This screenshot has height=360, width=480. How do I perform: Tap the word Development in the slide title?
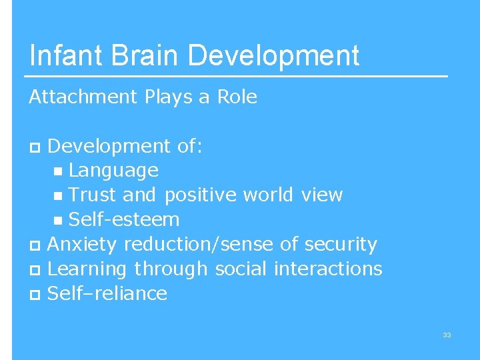[274, 55]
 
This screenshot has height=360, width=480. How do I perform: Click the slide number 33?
[447, 335]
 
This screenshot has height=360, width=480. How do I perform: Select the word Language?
[113, 171]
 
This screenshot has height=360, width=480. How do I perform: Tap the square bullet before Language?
[60, 172]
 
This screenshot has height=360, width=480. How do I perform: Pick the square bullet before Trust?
[60, 197]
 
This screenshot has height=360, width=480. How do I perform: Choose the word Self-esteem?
[124, 219]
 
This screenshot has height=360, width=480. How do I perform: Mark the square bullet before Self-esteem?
[60, 221]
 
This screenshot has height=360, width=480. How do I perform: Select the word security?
[341, 245]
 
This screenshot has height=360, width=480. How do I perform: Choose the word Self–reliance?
[107, 293]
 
